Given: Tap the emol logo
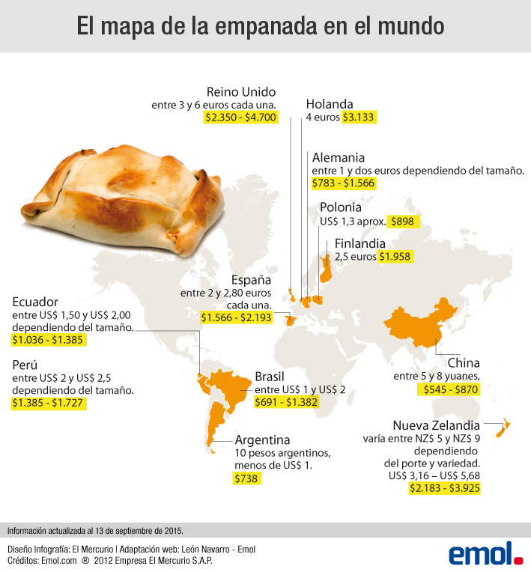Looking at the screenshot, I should [x=485, y=553].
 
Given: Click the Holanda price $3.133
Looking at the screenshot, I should [x=359, y=117].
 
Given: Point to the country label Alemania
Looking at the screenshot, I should [x=338, y=157].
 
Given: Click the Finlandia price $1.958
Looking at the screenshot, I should [x=395, y=256].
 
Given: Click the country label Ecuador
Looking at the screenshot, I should [x=35, y=302].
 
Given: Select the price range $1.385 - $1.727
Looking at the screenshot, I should [x=49, y=403].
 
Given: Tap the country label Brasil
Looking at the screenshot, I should [x=270, y=376].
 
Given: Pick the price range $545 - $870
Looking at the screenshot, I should [x=448, y=389].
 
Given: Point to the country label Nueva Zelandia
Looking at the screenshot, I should [x=436, y=424].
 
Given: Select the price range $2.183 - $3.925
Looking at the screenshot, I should [x=445, y=487].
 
